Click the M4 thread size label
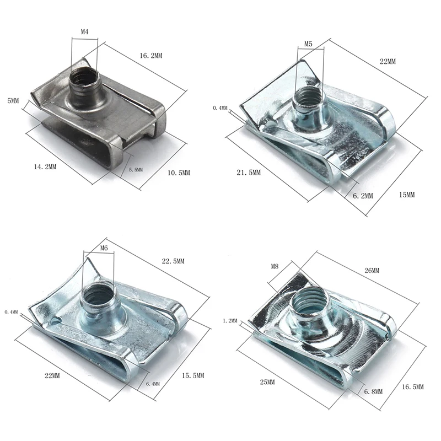(85, 32)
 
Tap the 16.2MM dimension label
(151, 56)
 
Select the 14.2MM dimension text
(45, 167)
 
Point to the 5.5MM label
(136, 170)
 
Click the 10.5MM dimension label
(179, 173)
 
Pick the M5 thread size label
(308, 44)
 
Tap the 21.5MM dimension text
(249, 173)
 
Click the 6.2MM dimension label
(363, 196)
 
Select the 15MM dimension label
(407, 195)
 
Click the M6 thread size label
(104, 248)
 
